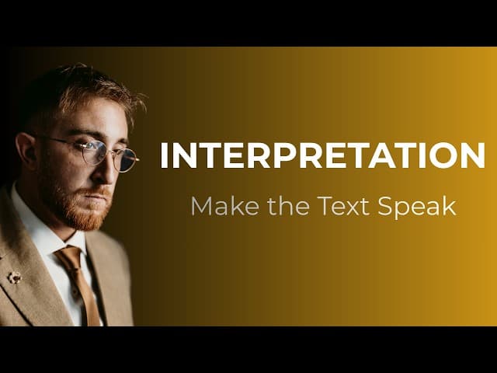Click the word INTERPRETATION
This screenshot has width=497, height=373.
click(322, 155)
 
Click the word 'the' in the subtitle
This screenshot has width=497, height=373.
click(288, 206)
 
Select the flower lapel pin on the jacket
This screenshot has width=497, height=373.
click(14, 277)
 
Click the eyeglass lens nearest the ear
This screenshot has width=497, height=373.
click(92, 152)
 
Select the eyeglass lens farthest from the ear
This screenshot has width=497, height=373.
click(127, 160)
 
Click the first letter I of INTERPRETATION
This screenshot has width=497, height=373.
click(164, 155)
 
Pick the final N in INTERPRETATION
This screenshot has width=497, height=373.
click(473, 155)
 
